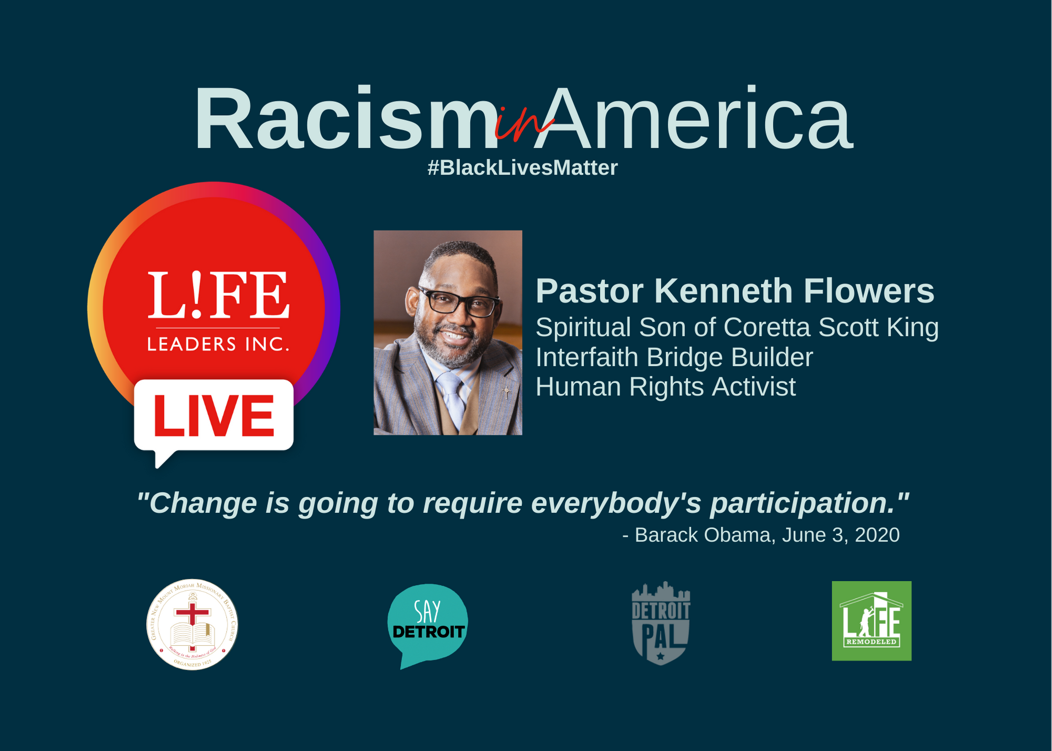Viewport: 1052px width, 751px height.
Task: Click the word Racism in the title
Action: point(345,120)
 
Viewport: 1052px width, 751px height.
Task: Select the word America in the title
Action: point(694,120)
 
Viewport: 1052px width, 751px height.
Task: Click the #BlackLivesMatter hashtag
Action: point(522,168)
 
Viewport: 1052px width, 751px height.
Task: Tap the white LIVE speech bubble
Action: point(214,415)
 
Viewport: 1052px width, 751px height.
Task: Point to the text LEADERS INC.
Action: point(218,344)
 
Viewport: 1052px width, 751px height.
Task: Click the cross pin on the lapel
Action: point(506,392)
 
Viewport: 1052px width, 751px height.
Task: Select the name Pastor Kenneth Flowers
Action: point(734,291)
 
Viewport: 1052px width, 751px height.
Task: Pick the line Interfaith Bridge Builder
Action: point(674,358)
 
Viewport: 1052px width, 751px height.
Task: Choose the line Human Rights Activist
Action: point(665,387)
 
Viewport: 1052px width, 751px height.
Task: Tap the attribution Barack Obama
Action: point(702,535)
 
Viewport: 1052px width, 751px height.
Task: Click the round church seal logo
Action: point(192,624)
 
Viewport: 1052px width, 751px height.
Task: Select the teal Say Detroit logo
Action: point(427,623)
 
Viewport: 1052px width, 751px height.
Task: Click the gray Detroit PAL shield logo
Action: point(661,623)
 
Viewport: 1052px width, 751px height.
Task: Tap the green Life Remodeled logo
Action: point(871,621)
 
